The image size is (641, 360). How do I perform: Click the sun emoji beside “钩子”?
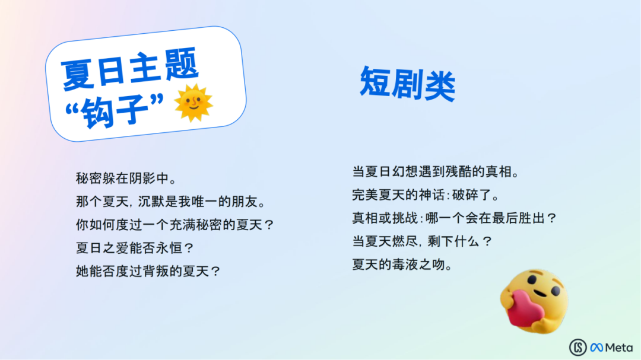(193, 103)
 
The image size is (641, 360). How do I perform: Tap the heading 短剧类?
(407, 84)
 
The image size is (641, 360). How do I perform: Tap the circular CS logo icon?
(578, 348)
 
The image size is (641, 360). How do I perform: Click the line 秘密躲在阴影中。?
(126, 178)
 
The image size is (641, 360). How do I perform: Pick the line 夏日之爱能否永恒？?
(135, 248)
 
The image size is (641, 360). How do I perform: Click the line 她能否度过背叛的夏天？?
(148, 271)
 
